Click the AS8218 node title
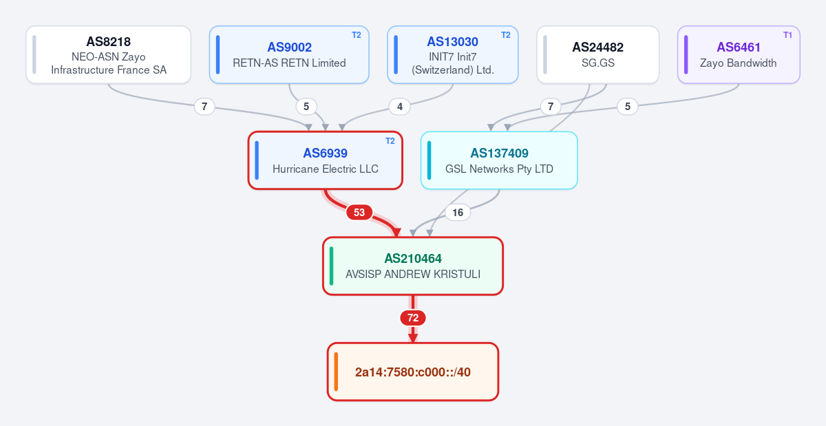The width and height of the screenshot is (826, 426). point(109,42)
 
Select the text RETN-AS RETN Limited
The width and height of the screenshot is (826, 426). point(289,63)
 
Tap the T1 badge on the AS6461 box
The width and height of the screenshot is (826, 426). point(787,35)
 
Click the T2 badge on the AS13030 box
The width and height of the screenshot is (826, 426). point(505,35)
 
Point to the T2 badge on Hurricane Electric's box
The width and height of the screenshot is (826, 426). point(390,141)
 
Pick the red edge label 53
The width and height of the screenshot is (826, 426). point(359,213)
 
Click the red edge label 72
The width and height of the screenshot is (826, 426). point(413,318)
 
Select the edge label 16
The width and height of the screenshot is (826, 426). point(458,213)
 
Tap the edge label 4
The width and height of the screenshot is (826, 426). point(400,107)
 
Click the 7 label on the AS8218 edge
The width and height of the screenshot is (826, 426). point(204,107)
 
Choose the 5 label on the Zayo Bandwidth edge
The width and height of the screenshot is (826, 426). point(628,107)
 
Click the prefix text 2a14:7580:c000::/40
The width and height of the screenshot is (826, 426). point(413,372)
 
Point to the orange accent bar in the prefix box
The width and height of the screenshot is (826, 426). point(336,372)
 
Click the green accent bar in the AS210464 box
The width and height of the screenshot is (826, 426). point(331,266)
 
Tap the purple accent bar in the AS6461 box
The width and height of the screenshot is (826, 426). point(686,54)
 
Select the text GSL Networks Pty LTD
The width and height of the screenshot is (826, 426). point(499,169)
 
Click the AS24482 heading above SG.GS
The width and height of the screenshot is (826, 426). point(597,47)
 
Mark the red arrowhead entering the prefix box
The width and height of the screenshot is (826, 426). point(413,338)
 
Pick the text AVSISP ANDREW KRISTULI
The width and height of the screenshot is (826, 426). point(413,275)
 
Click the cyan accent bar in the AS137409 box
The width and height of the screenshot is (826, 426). point(430,160)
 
